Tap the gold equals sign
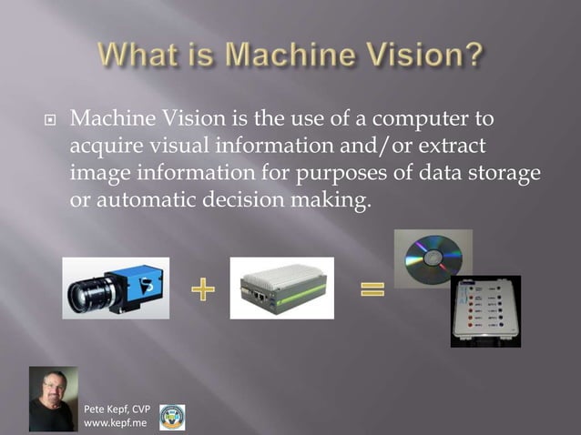pyautogui.click(x=372, y=291)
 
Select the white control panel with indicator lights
pyautogui.click(x=485, y=309)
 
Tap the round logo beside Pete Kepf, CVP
pyautogui.click(x=172, y=417)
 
